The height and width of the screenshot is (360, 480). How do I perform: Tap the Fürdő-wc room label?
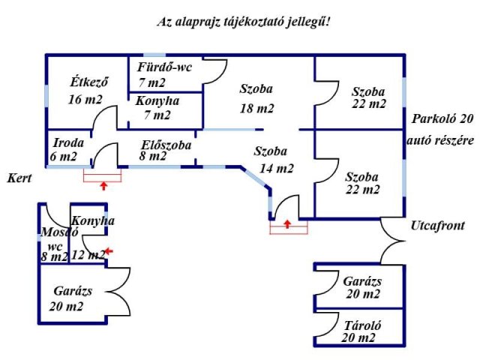[x=164, y=74]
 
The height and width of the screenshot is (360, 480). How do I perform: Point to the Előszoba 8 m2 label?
[x=165, y=150]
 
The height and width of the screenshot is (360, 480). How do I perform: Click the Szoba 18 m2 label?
[x=256, y=98]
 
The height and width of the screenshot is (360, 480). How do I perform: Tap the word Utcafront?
[x=437, y=225]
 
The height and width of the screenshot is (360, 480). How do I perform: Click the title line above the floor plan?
[x=244, y=22]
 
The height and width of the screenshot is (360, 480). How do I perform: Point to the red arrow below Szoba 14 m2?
[x=288, y=223]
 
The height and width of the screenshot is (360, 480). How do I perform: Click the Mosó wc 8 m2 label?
[x=54, y=244]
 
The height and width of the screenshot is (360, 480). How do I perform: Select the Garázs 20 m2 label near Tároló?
[x=362, y=288]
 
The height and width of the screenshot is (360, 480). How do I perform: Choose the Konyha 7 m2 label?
[x=153, y=108]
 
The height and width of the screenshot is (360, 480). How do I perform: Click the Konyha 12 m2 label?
[x=88, y=238]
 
